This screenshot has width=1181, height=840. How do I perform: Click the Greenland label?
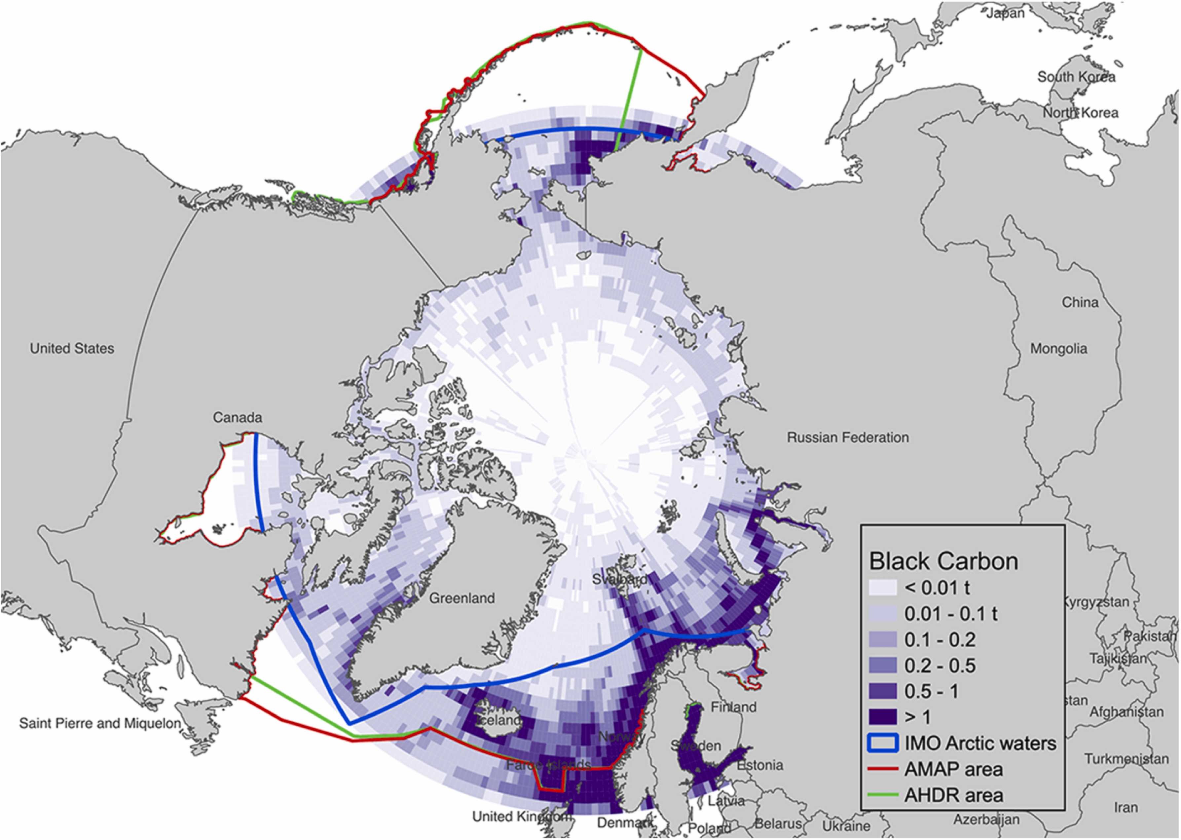click(462, 598)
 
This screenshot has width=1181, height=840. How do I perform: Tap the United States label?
click(72, 349)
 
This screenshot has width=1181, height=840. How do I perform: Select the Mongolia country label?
click(1058, 349)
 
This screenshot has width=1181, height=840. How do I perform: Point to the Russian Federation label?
click(847, 438)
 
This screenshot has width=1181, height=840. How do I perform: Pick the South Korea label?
click(1076, 77)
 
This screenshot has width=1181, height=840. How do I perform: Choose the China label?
click(1080, 302)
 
